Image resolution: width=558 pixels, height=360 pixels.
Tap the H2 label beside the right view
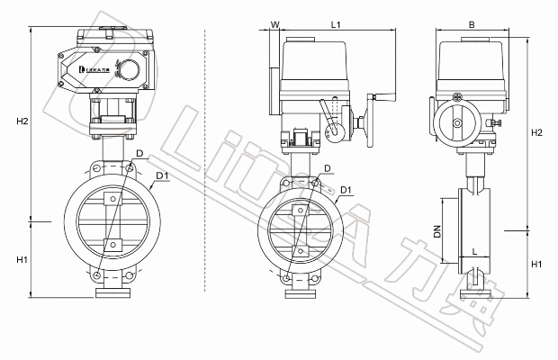(x=535, y=133)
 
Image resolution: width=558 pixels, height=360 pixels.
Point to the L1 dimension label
(x=334, y=23)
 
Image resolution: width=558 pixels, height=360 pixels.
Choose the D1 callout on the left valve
(x=163, y=175)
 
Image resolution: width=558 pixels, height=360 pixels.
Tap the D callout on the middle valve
(x=327, y=168)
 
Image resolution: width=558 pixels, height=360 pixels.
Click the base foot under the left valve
(x=113, y=293)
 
